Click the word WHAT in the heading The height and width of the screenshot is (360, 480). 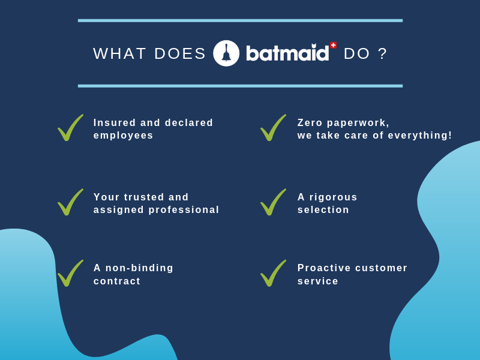click(119, 53)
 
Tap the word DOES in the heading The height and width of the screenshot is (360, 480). click(180, 53)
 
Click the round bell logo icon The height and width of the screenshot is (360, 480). click(226, 53)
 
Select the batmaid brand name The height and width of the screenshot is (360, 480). click(287, 53)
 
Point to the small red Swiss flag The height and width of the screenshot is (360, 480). click(334, 46)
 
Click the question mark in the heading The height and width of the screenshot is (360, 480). click(383, 53)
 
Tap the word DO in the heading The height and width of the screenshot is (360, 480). click(357, 53)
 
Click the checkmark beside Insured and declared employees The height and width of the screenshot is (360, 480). click(70, 128)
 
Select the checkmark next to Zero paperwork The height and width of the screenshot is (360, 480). click(274, 128)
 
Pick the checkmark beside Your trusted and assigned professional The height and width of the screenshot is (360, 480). click(70, 202)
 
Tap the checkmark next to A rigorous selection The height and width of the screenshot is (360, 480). click(274, 202)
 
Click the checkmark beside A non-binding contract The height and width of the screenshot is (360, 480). click(70, 273)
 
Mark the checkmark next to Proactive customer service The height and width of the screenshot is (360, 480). click(274, 273)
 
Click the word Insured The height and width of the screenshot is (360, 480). click(115, 122)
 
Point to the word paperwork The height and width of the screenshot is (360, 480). click(358, 123)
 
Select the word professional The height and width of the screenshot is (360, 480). click(184, 210)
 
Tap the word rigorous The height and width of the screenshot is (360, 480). click(334, 197)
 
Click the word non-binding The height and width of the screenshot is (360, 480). click(139, 268)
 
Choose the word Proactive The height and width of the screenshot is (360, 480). click(324, 268)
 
